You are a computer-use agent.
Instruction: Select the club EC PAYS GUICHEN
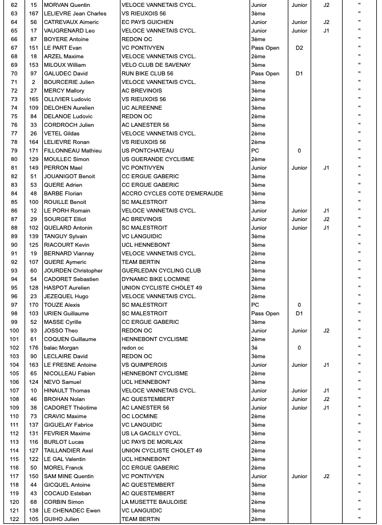point(147,22)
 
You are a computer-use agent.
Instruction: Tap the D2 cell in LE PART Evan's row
point(299,48)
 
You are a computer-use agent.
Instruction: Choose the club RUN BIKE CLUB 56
point(147,74)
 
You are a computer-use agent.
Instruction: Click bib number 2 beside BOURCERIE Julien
point(34,82)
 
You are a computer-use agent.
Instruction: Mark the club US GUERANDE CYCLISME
point(157,159)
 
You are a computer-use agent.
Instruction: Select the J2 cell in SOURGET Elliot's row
point(326,219)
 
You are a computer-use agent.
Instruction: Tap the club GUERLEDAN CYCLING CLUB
point(161,271)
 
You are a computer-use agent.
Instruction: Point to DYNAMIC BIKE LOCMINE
point(156,279)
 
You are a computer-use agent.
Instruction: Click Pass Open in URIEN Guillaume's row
point(265,314)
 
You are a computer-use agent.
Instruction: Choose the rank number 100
point(14,331)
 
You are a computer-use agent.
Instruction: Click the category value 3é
point(255,348)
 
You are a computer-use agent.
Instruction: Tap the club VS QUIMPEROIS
point(144,365)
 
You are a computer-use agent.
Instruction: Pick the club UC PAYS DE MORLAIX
point(152,442)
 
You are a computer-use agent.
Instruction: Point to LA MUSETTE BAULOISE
point(154,502)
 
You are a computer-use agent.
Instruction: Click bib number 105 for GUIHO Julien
point(34,519)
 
